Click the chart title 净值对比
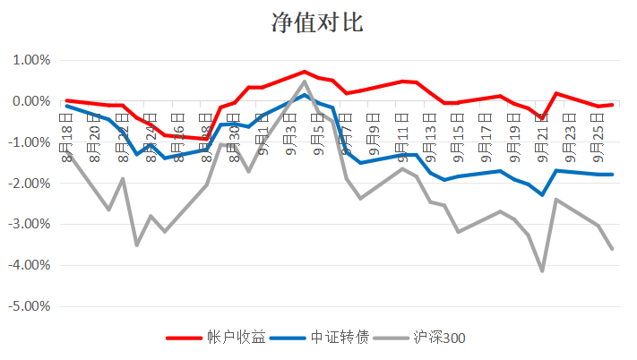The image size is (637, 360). pyautogui.click(x=318, y=22)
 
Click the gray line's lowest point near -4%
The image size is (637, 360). pyautogui.click(x=543, y=270)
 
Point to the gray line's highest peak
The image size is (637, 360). pyautogui.click(x=305, y=81)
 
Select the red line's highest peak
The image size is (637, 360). pyautogui.click(x=305, y=72)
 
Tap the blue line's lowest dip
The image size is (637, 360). pyautogui.click(x=543, y=194)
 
